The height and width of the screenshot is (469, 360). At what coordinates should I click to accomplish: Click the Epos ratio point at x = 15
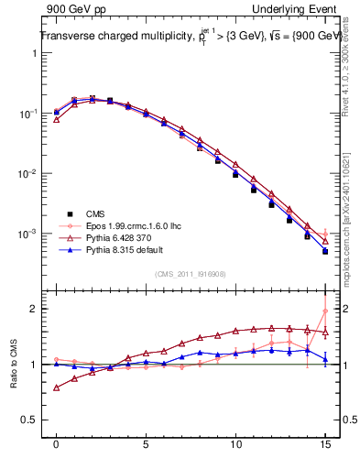(325, 311)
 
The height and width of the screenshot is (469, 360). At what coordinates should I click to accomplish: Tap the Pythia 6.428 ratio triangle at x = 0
(56, 387)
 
